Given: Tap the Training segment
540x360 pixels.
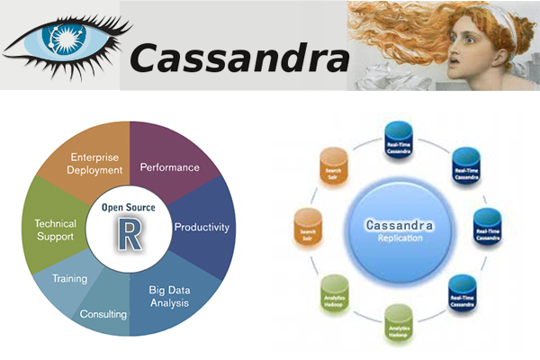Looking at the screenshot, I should pos(68,279).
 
